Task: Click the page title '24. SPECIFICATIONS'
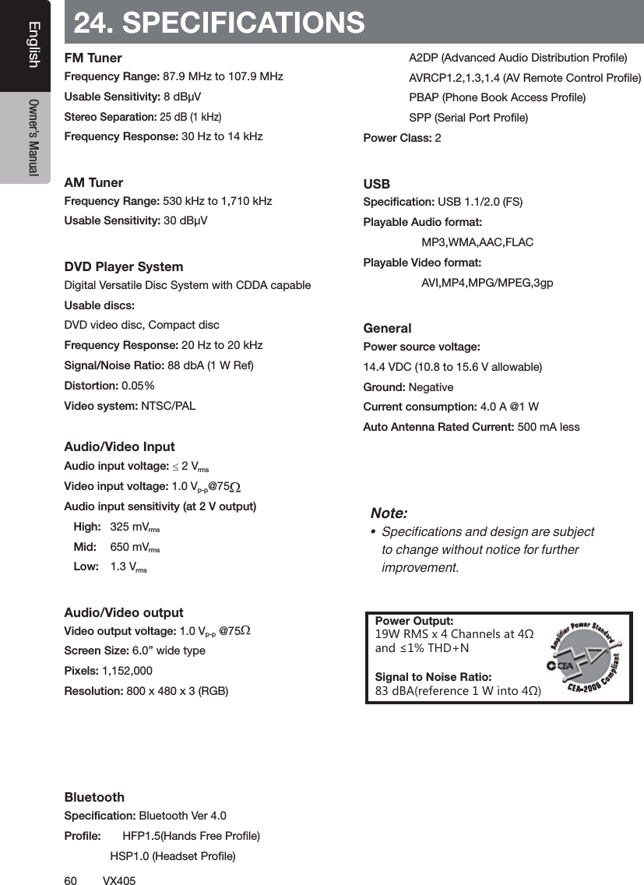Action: [x=219, y=23]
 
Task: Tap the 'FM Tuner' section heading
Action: [x=93, y=58]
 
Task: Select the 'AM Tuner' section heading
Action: [x=93, y=182]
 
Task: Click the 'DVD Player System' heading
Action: [x=124, y=266]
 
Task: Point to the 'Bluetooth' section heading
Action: [x=94, y=797]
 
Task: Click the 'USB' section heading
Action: [x=377, y=184]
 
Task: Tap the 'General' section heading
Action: [x=388, y=328]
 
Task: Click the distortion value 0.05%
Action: [x=138, y=386]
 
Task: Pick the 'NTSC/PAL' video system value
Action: [x=168, y=406]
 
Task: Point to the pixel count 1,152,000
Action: [x=127, y=671]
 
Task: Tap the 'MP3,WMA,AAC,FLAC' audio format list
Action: [x=477, y=242]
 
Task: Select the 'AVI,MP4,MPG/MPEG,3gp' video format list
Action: [x=487, y=283]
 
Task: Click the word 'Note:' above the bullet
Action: [x=389, y=513]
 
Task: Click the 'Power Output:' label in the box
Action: [x=414, y=621]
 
